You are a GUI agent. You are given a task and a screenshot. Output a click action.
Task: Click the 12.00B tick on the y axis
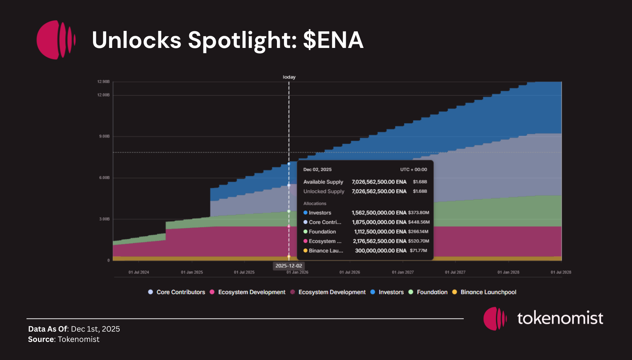click(103, 95)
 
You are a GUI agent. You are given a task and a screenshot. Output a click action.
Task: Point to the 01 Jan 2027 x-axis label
click(403, 272)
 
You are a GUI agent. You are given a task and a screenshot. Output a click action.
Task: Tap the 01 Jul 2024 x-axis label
click(138, 272)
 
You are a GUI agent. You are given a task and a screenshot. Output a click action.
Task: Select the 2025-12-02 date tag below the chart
click(289, 266)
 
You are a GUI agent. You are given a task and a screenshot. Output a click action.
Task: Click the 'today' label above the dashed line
click(289, 77)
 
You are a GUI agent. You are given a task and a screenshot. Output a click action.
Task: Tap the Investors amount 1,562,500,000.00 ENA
click(379, 213)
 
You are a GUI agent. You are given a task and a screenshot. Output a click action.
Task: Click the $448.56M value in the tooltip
click(419, 222)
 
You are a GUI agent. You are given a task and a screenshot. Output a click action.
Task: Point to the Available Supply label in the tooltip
click(323, 182)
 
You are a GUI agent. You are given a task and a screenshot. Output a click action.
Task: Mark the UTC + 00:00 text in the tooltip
click(414, 170)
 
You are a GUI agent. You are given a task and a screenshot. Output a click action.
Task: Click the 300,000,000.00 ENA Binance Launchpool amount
click(381, 251)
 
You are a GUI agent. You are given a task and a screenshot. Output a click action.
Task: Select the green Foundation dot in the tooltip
click(305, 231)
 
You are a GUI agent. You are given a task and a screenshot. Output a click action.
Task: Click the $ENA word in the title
click(333, 40)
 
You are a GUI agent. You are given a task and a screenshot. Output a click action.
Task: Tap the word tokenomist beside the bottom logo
click(560, 318)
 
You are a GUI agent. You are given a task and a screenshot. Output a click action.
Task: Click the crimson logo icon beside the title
click(56, 40)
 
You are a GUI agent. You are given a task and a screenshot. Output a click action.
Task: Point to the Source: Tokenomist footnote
click(64, 339)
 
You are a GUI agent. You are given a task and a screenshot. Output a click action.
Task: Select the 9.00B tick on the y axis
click(104, 136)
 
